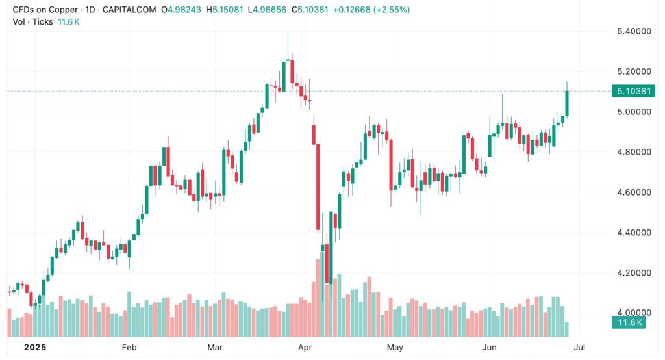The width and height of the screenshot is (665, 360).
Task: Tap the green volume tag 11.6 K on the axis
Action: click(630, 323)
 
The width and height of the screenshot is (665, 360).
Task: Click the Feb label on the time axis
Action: click(129, 347)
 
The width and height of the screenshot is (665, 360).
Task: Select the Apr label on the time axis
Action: click(304, 347)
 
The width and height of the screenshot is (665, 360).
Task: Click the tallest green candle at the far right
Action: click(568, 103)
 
